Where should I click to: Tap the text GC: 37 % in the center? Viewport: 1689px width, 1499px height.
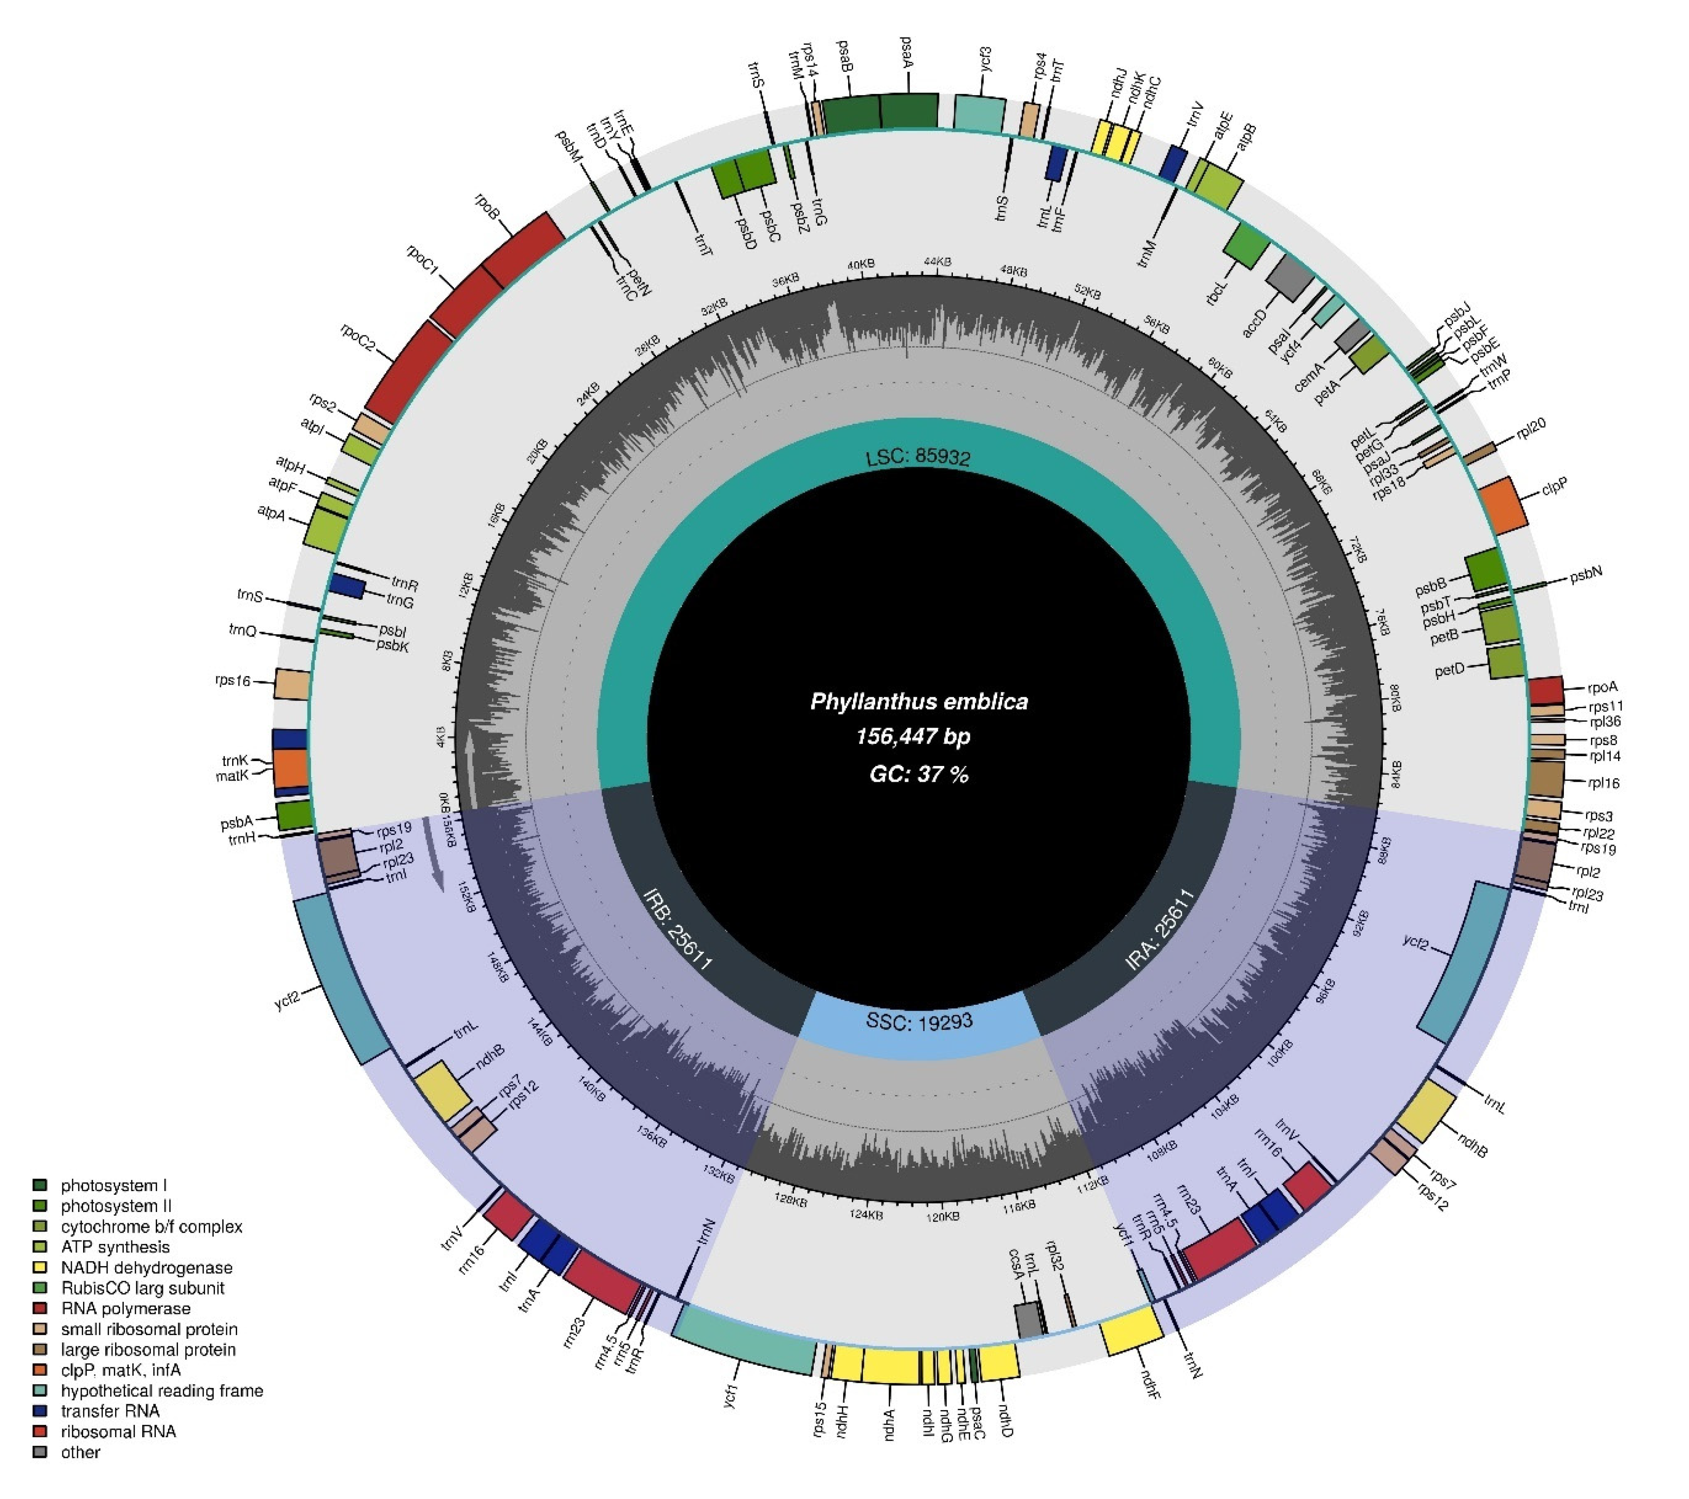point(919,774)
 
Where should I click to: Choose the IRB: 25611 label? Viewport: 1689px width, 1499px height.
point(677,928)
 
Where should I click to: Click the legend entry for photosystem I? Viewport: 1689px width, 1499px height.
point(113,1186)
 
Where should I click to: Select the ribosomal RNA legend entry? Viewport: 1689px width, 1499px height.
point(118,1431)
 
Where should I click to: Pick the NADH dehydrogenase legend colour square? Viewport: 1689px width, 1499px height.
point(40,1268)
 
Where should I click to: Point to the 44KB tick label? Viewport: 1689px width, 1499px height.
point(937,262)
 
